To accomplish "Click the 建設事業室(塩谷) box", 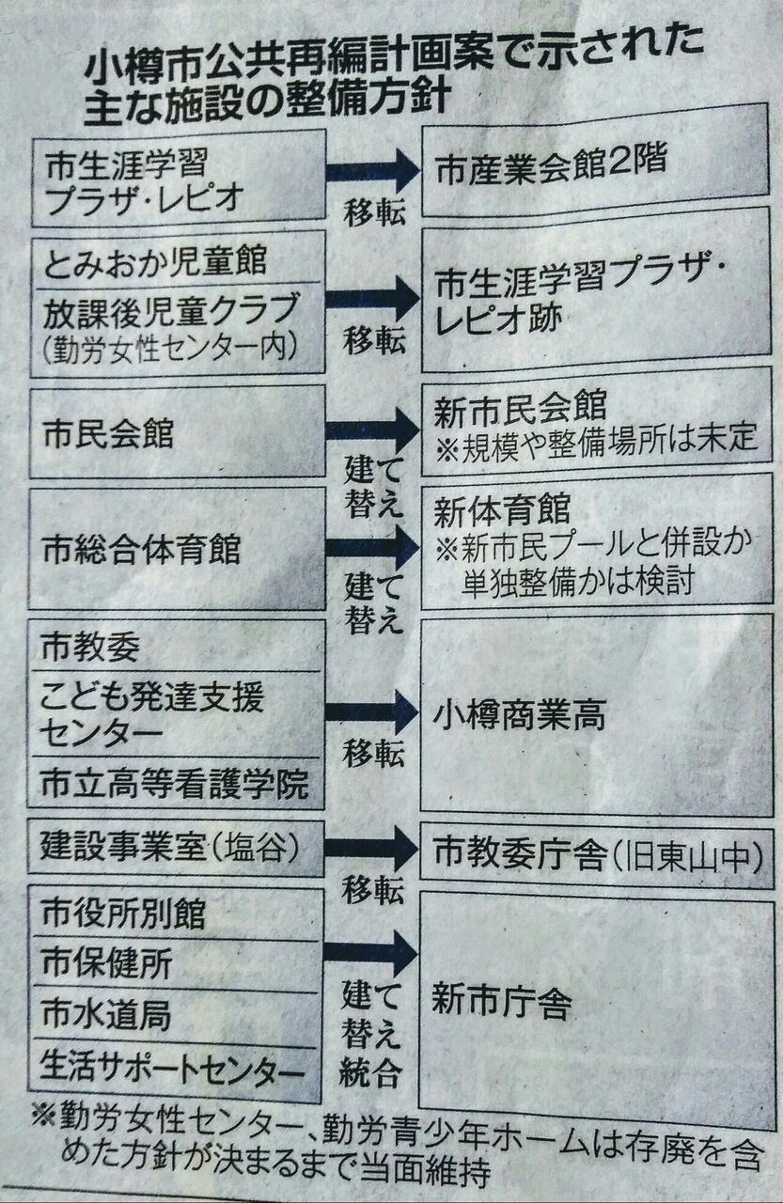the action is [x=169, y=848].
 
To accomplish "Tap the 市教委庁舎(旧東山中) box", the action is [x=596, y=854].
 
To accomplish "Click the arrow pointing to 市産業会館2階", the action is [x=372, y=172].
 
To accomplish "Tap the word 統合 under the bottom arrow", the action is [x=370, y=1072].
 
